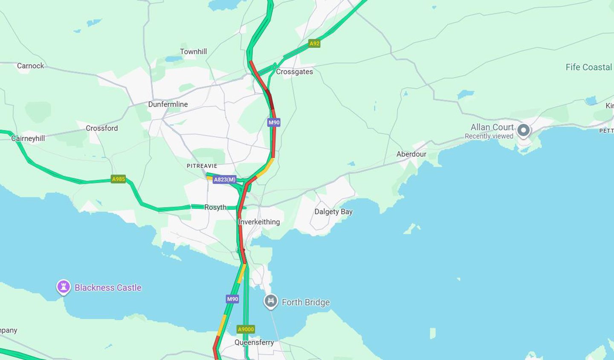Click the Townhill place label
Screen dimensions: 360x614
pyautogui.click(x=193, y=52)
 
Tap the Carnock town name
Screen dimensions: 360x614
pyautogui.click(x=30, y=66)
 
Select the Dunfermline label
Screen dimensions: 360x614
pyautogui.click(x=168, y=104)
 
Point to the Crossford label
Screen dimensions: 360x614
pyautogui.click(x=101, y=128)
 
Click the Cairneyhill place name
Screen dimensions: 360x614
pyautogui.click(x=28, y=138)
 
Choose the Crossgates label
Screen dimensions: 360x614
pyautogui.click(x=294, y=72)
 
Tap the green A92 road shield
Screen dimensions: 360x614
pyautogui.click(x=314, y=44)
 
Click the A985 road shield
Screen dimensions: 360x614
pyautogui.click(x=118, y=179)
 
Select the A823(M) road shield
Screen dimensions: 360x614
pyautogui.click(x=225, y=180)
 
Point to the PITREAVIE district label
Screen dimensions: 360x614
pyautogui.click(x=202, y=166)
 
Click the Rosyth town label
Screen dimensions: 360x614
pyautogui.click(x=215, y=207)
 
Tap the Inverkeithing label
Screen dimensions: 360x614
pyautogui.click(x=259, y=222)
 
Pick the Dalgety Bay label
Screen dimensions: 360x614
pyautogui.click(x=333, y=212)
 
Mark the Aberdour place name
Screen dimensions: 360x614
pyautogui.click(x=411, y=154)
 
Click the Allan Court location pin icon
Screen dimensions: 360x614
pyautogui.click(x=523, y=131)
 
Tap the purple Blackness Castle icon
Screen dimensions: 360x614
pyautogui.click(x=64, y=287)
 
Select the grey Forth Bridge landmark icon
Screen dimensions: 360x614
pyautogui.click(x=271, y=301)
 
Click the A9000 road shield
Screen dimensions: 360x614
pyautogui.click(x=246, y=329)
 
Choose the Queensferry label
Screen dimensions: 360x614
pyautogui.click(x=254, y=342)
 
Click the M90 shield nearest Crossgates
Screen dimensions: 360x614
pyautogui.click(x=274, y=122)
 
